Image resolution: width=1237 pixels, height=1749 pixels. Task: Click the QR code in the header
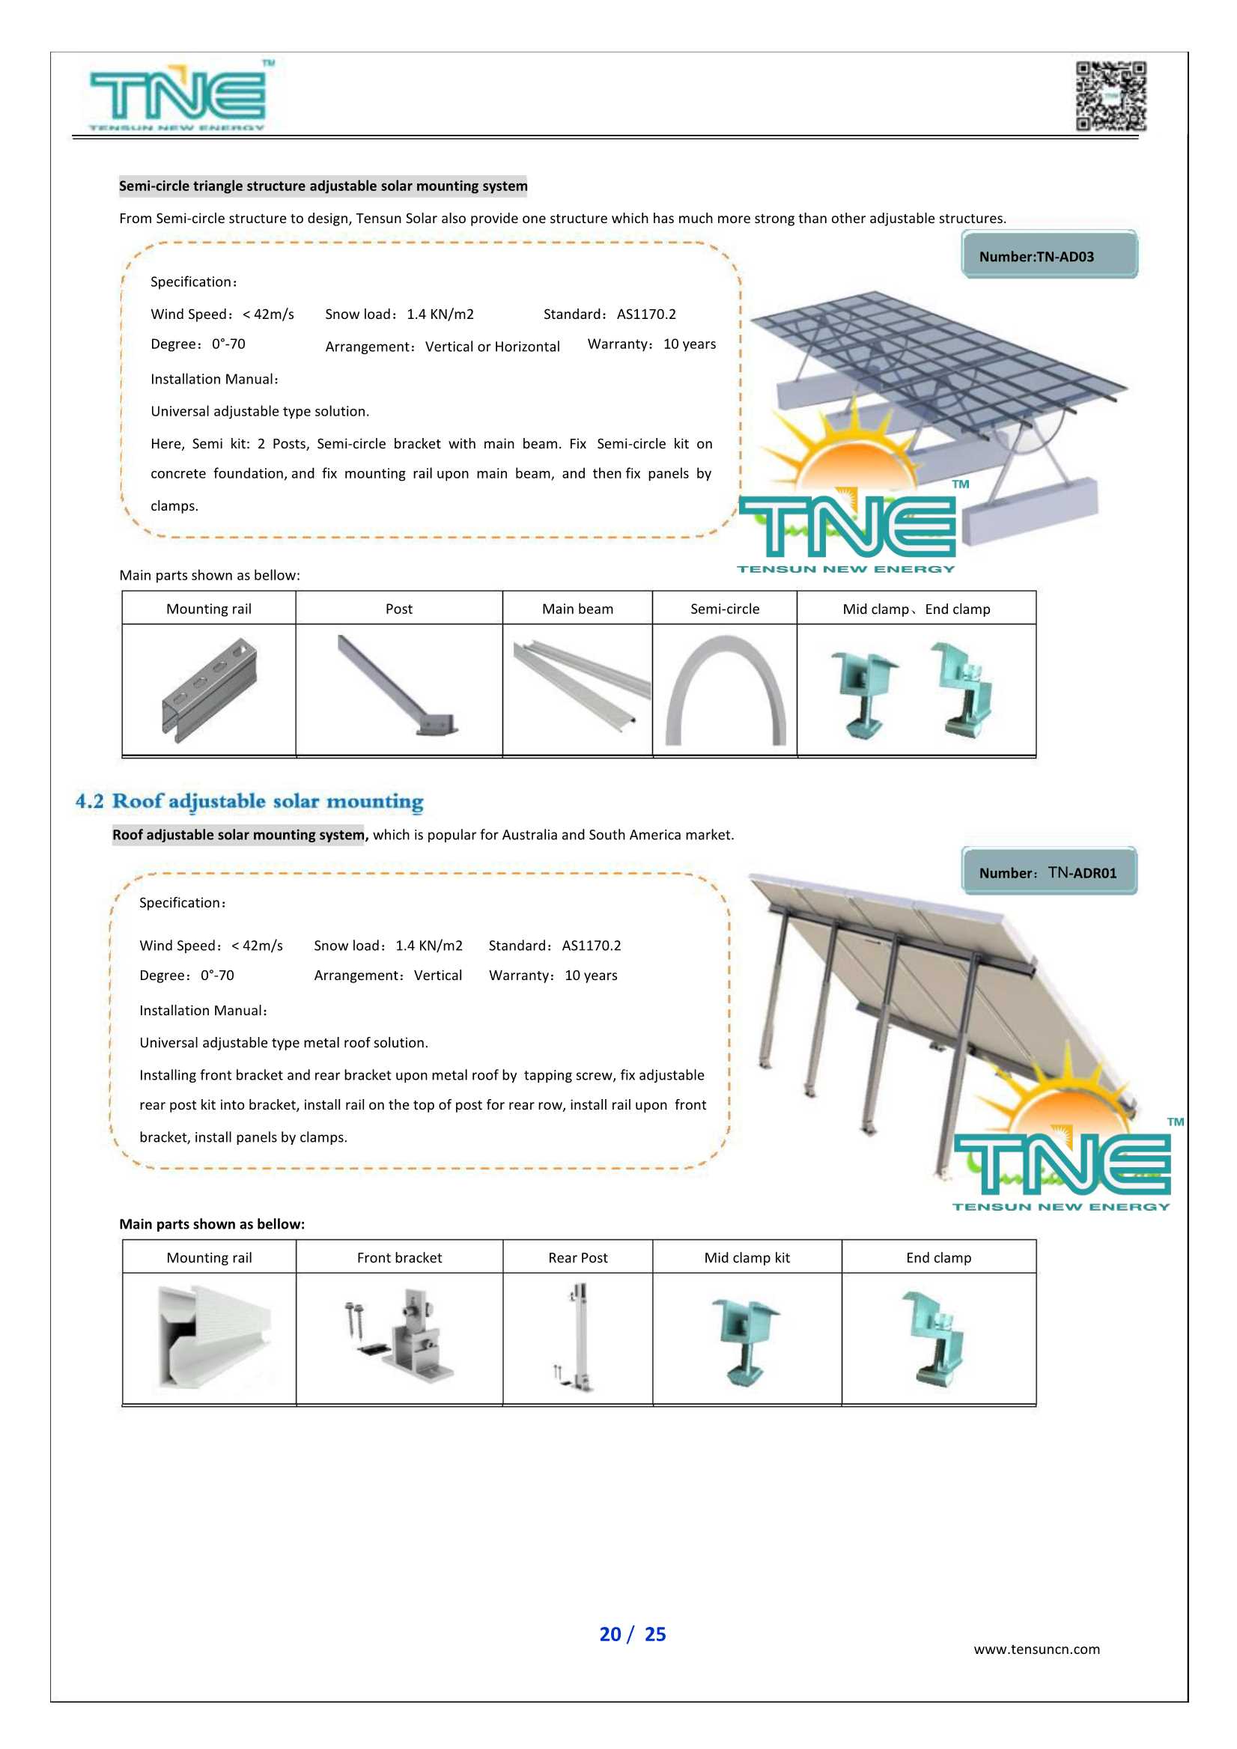[1110, 96]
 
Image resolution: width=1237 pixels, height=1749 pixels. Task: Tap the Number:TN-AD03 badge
[1049, 256]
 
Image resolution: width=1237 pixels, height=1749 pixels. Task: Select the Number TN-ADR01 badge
[1049, 872]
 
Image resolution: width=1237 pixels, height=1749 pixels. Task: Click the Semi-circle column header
[724, 609]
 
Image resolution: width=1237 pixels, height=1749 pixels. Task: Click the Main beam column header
[577, 609]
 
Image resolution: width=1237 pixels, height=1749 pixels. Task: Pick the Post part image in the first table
[398, 688]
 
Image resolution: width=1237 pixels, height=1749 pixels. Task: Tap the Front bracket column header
[399, 1258]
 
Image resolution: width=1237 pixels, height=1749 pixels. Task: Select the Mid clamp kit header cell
[747, 1258]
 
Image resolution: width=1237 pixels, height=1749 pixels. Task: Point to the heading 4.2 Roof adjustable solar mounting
[249, 801]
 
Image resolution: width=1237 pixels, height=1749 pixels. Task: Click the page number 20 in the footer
[610, 1634]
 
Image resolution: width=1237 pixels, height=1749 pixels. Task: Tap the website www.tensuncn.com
[1036, 1649]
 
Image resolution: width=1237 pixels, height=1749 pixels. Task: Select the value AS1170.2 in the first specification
[646, 314]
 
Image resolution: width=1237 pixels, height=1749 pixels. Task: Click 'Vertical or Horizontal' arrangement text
[492, 347]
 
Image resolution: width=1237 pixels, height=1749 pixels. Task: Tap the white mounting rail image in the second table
[211, 1338]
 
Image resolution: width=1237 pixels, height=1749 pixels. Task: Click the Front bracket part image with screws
[399, 1338]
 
